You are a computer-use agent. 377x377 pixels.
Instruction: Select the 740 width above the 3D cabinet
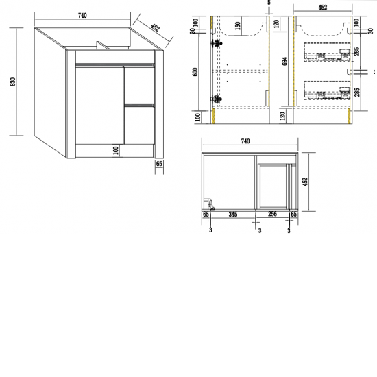82,15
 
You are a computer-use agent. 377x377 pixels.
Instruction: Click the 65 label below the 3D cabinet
159,165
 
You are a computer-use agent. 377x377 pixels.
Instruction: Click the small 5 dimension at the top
270,3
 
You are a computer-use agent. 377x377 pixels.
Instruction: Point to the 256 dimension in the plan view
271,215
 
